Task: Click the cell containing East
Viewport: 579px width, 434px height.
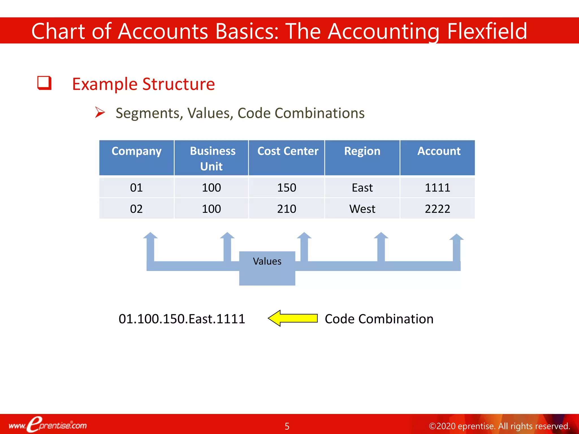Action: [x=362, y=188]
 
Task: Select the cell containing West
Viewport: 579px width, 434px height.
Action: [x=362, y=209]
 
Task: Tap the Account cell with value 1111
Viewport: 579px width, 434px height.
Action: [x=437, y=188]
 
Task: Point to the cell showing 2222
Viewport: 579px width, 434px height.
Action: [x=437, y=209]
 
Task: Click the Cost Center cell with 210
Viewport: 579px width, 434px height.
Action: [x=286, y=209]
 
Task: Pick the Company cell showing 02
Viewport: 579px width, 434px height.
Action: [x=136, y=209]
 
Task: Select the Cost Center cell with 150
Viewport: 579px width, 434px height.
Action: [x=286, y=188]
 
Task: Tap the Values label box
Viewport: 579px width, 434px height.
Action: [x=267, y=268]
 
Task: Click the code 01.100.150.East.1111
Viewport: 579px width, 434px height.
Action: [x=182, y=319]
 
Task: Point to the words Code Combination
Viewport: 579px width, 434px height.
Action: [x=379, y=319]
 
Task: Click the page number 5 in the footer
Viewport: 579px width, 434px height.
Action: [x=287, y=426]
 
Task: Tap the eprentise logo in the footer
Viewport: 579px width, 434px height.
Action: [x=47, y=425]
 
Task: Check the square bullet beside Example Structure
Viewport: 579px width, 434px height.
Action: [x=44, y=83]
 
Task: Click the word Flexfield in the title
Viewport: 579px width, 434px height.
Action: [x=487, y=31]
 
